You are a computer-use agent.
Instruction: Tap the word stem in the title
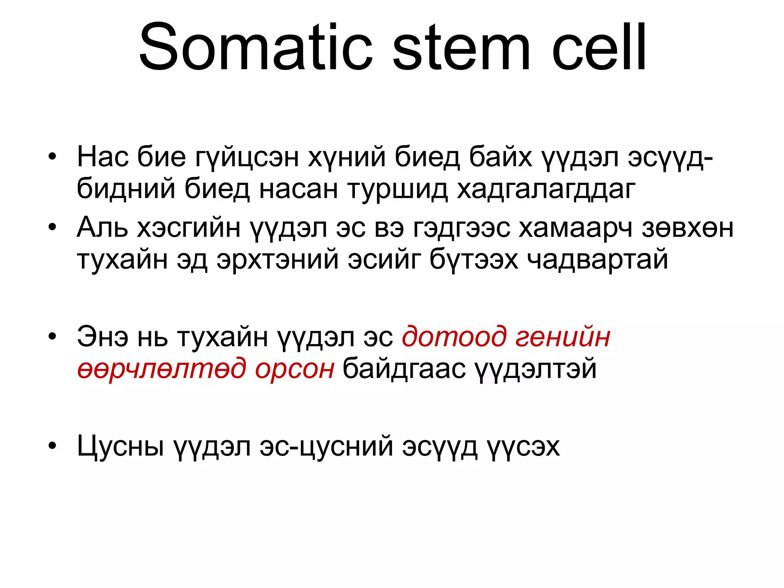(462, 47)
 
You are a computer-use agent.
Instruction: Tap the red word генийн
(563, 337)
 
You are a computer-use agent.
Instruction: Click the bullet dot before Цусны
(52, 446)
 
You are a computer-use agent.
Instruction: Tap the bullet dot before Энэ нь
(52, 336)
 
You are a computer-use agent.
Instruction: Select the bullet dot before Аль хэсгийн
(52, 227)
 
